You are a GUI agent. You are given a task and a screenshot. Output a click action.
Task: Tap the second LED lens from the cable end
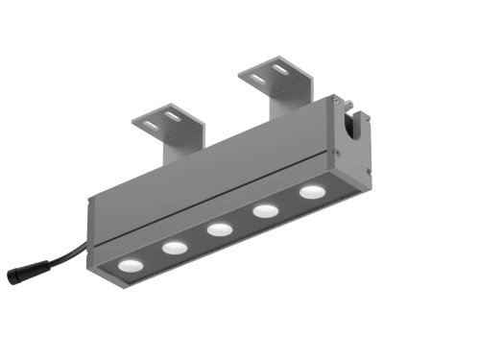point(174,248)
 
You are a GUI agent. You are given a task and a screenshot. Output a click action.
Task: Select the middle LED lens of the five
point(220,228)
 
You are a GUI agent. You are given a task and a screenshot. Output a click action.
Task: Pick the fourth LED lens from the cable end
point(265,210)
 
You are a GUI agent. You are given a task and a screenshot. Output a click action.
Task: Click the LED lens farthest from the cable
point(310,192)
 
